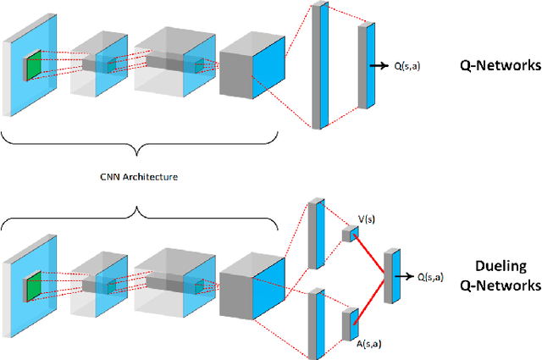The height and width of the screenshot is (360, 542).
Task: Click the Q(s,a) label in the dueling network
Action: pos(433,276)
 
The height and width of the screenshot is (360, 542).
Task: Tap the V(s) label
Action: pos(366,219)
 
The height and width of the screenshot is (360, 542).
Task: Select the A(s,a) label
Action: pos(366,345)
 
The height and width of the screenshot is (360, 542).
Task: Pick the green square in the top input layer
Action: pos(32,66)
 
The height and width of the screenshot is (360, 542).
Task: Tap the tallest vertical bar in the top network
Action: pos(319,66)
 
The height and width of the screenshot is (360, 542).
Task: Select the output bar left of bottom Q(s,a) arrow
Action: pos(391,276)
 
